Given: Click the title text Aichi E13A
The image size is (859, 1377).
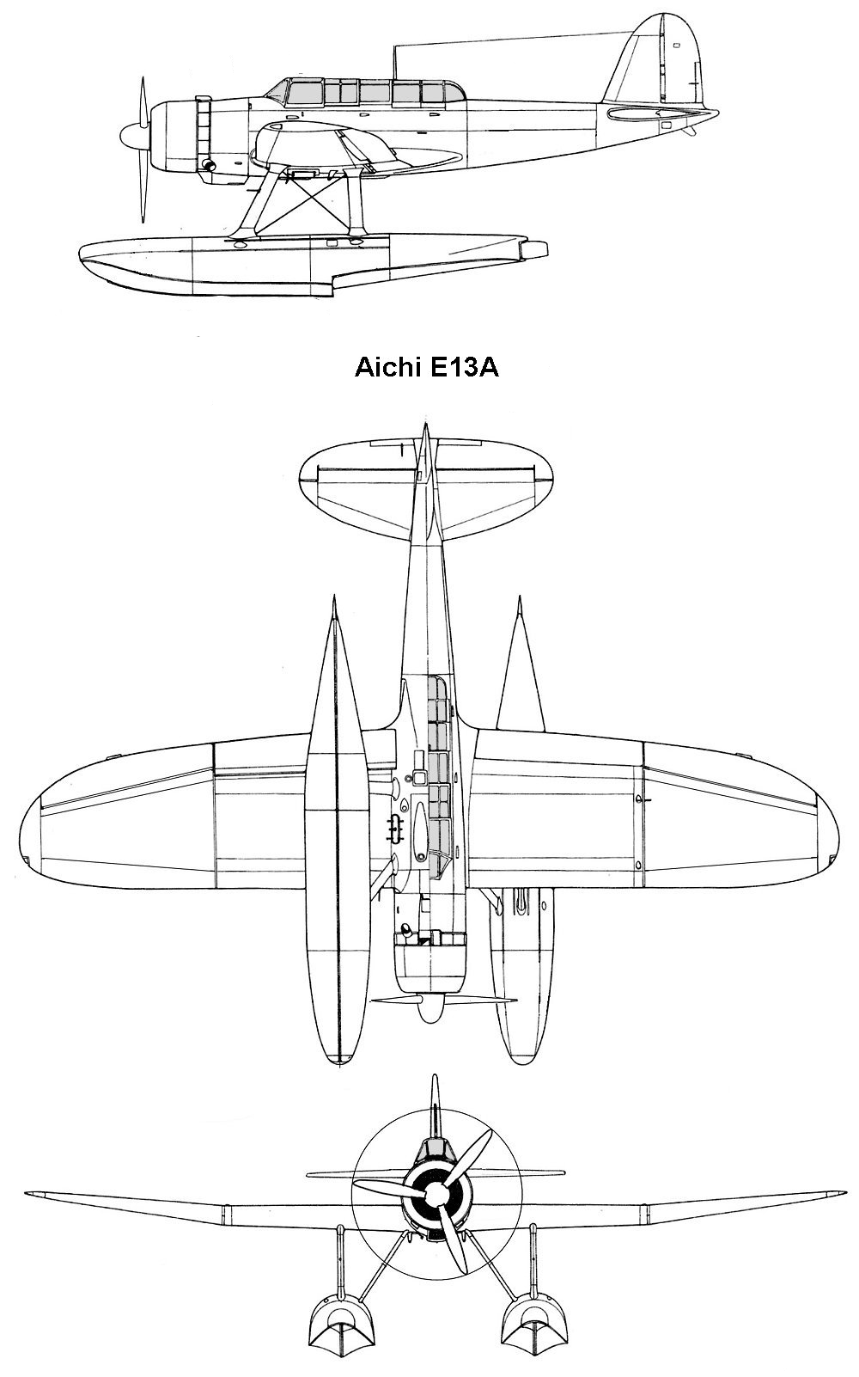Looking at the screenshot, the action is (x=426, y=368).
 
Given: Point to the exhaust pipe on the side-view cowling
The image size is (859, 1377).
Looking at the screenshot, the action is (x=210, y=165).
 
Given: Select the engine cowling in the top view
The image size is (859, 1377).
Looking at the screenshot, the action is (x=430, y=967).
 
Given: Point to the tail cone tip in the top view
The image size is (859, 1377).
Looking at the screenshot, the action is (x=425, y=424).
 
